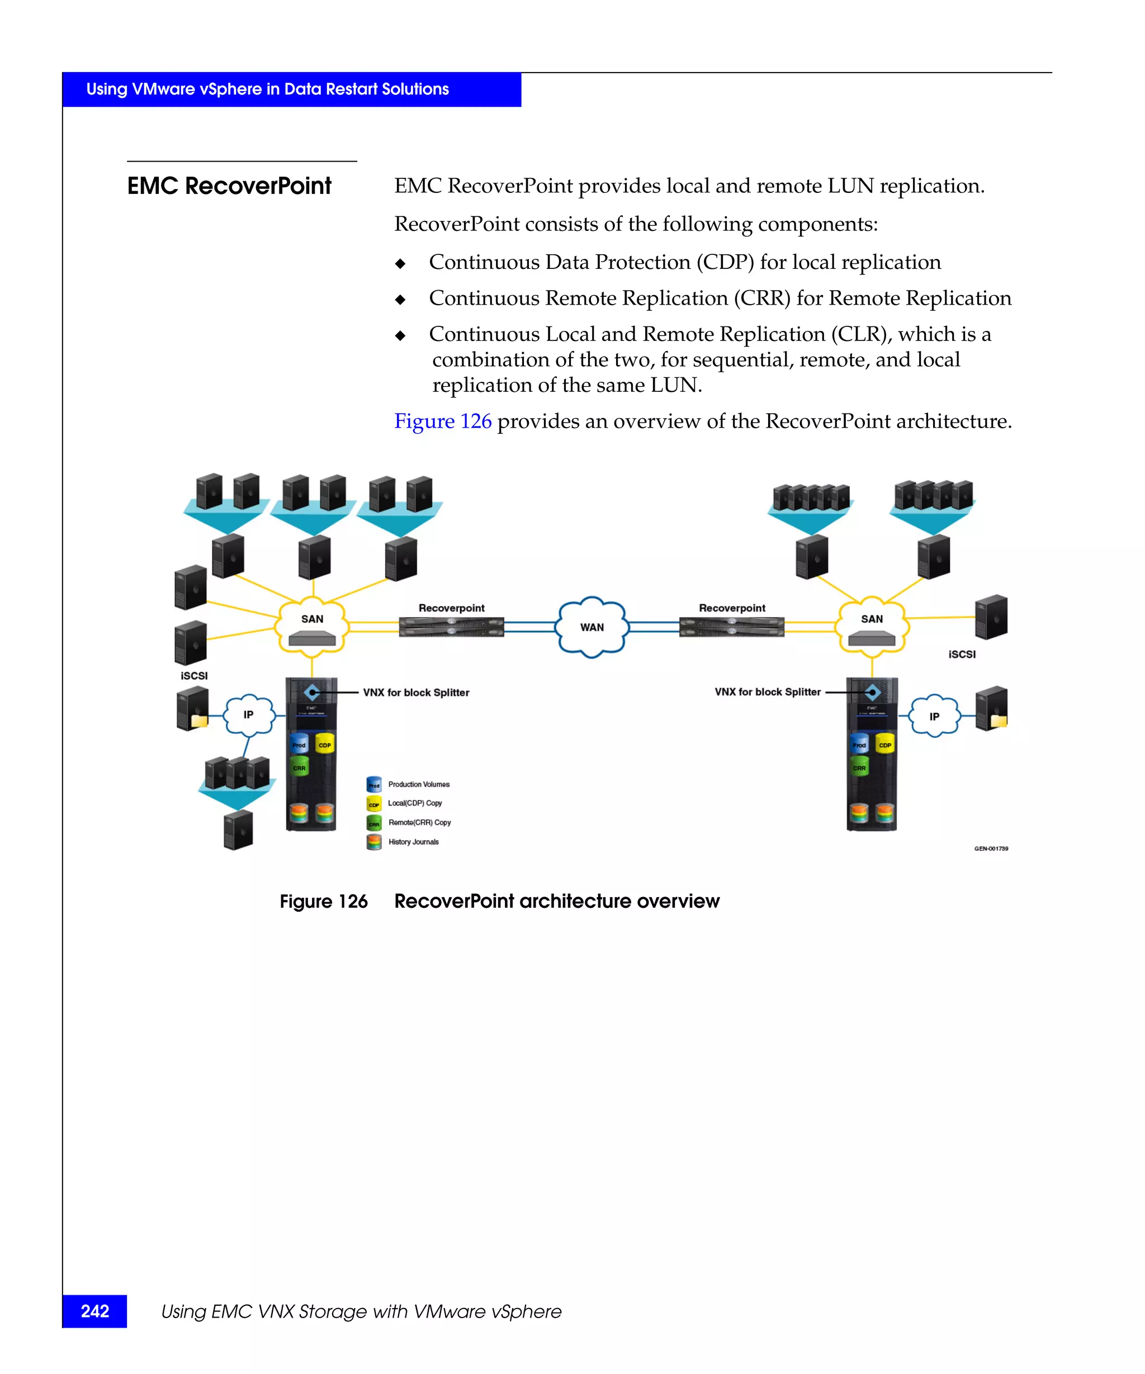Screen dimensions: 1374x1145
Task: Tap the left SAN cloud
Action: [x=312, y=625]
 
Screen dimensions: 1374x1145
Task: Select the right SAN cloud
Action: [x=872, y=625]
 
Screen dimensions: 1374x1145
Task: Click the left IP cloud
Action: [x=249, y=714]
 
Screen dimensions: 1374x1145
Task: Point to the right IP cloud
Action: [x=934, y=716]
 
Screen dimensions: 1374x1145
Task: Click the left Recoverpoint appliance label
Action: [x=451, y=608]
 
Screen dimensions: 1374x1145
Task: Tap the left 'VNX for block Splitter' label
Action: [x=416, y=692]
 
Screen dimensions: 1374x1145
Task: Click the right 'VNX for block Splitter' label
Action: [x=767, y=691]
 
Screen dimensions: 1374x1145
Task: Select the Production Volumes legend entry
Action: [x=418, y=784]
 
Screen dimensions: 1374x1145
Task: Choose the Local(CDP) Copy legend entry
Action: [x=414, y=803]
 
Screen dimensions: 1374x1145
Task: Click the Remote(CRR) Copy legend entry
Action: [x=419, y=822]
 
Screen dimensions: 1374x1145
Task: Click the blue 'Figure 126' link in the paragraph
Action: [x=442, y=421]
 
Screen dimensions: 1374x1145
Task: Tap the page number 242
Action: [x=95, y=1311]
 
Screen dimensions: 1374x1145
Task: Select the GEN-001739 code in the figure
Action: [x=991, y=849]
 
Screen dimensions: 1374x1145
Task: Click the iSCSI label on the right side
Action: [x=961, y=654]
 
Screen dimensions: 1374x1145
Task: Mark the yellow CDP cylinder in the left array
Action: [x=324, y=744]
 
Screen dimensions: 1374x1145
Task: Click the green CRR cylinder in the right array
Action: [x=859, y=767]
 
